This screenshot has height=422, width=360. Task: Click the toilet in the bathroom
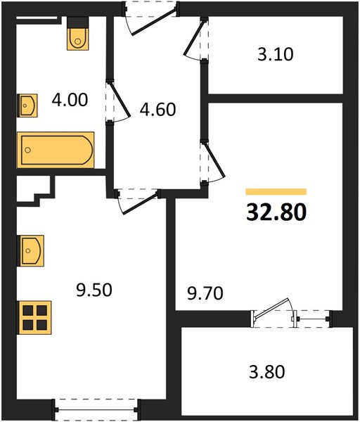pos(78,34)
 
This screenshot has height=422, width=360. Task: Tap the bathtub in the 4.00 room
pos(56,150)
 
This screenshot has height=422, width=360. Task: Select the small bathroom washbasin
pos(27,105)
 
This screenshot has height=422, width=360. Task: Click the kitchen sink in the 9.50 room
pos(30,250)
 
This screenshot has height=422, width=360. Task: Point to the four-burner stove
pos(34,318)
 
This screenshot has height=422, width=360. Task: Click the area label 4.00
pos(70,100)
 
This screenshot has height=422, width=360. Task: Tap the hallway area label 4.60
pos(157,109)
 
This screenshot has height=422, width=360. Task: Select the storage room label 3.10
pos(275,54)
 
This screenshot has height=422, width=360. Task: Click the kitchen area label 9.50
pos(94,290)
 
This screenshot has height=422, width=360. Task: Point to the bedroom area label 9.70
pos(205,293)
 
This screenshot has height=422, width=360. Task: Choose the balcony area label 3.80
pos(266,372)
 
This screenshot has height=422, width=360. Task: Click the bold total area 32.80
pos(276,212)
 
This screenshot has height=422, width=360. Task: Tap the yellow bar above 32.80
pos(276,191)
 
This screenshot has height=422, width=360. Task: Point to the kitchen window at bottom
pos(96,410)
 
